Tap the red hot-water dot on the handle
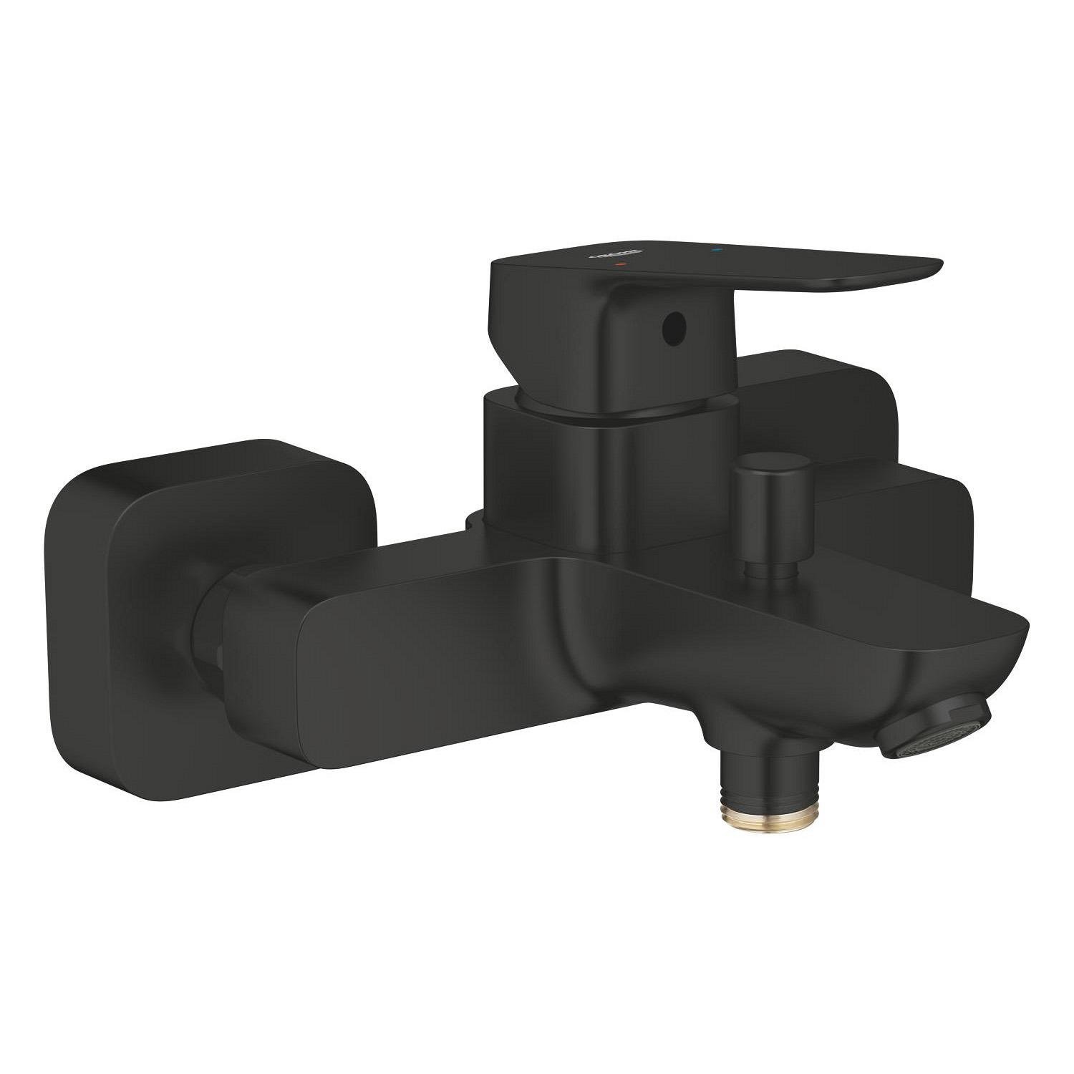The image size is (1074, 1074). click(621, 265)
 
